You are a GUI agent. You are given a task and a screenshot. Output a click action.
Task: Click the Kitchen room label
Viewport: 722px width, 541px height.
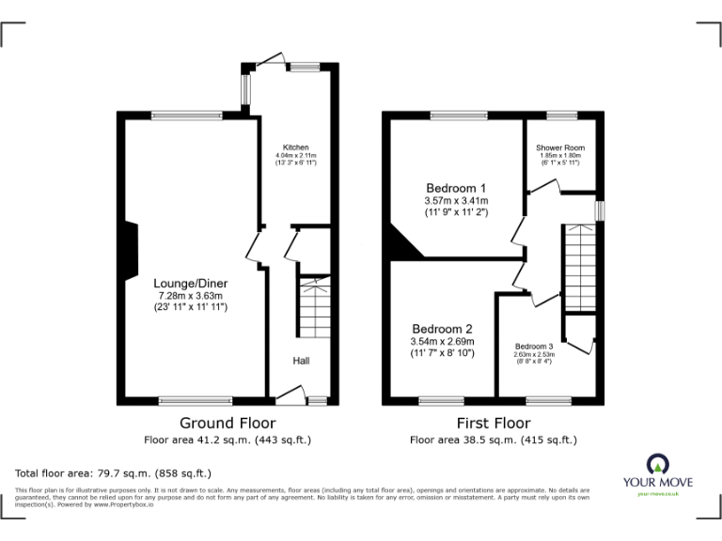pos(296,147)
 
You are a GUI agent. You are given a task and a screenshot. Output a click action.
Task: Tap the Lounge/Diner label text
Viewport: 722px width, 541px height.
pos(191,283)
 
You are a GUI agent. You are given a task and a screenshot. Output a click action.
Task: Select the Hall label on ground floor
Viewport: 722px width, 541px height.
pos(300,361)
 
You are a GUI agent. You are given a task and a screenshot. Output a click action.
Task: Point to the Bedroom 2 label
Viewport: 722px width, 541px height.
pos(442,329)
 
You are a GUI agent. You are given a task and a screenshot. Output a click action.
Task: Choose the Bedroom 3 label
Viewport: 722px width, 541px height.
pos(533,347)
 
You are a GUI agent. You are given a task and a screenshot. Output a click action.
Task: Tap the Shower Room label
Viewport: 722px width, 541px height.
pos(560,148)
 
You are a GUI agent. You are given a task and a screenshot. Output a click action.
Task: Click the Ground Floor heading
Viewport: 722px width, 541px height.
pos(227,424)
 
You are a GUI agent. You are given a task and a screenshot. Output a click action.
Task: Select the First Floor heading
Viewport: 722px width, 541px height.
pos(493,424)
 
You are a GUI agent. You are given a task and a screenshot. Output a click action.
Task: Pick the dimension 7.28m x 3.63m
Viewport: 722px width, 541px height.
pos(191,295)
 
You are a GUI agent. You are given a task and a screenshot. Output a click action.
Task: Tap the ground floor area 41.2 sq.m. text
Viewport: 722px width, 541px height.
pos(227,440)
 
